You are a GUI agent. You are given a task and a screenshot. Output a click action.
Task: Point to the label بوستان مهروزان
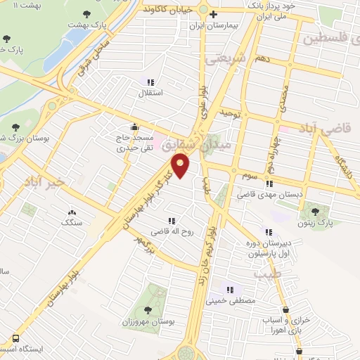pyautogui.click(x=148, y=321)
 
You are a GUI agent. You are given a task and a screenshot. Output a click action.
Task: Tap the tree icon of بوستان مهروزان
pyautogui.click(x=148, y=309)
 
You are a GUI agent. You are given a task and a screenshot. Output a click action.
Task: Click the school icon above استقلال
pyautogui.click(x=150, y=82)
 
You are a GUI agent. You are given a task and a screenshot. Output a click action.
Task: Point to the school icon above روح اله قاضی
pyautogui.click(x=172, y=221)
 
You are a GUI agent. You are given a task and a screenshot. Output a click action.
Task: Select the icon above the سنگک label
pyautogui.click(x=72, y=212)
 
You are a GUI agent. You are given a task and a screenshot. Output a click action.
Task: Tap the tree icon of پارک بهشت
pyautogui.click(x=86, y=13)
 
